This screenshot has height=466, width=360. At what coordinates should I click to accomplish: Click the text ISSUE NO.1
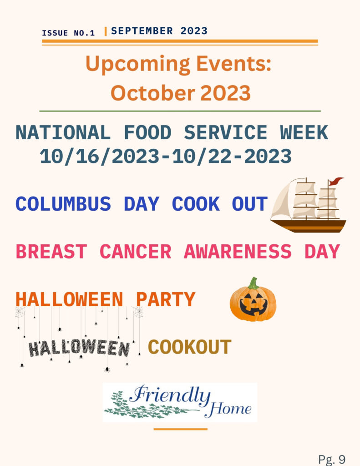(68, 33)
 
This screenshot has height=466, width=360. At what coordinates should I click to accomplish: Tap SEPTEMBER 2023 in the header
(159, 31)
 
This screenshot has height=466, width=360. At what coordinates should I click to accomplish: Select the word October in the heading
(153, 93)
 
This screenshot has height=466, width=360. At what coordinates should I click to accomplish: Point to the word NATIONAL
(63, 132)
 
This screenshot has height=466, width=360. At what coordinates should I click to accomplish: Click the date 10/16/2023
(100, 157)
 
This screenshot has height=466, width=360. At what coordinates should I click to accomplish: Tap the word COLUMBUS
(63, 204)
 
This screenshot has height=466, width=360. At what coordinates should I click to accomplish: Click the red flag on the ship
(336, 181)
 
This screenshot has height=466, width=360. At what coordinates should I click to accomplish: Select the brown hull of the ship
(309, 226)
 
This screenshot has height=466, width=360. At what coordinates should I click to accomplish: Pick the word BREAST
(51, 251)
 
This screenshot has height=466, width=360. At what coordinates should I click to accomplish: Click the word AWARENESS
(238, 251)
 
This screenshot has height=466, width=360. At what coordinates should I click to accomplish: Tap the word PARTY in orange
(166, 299)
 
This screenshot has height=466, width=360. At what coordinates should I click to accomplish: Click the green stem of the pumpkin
(254, 283)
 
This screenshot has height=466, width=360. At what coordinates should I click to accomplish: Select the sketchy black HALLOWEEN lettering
(79, 348)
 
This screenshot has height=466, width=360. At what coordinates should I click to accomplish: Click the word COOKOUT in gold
(189, 347)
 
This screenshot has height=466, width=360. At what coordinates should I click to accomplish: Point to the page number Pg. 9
(332, 459)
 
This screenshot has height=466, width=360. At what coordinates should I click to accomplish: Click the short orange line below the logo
(180, 429)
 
